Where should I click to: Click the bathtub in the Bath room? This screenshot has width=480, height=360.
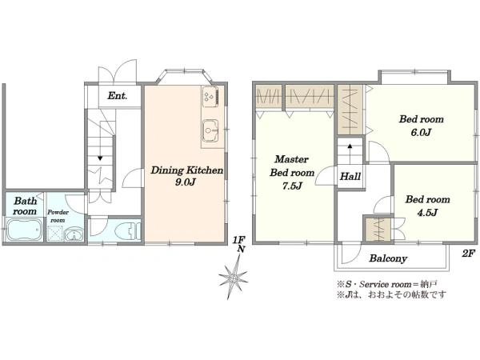coord(24,230)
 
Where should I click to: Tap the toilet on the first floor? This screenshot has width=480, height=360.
coord(129,231)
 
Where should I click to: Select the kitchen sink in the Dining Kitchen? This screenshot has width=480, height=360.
coord(210,130)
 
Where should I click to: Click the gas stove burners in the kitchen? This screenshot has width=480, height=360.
coord(210,96)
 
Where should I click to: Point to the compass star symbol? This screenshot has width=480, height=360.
coord(234,278)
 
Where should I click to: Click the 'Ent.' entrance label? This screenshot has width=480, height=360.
coord(118,96)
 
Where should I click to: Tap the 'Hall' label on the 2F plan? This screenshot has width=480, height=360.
coord(350,176)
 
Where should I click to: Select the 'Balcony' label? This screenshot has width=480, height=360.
coord(388,258)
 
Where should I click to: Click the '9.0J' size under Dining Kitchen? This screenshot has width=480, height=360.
coord(186,182)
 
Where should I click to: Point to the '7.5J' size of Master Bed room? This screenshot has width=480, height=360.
coord(292,186)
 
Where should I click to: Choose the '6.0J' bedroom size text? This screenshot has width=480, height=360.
coord(422,133)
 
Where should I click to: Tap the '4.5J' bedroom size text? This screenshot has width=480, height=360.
coord(427,213)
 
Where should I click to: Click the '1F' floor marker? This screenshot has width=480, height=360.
coord(238,240)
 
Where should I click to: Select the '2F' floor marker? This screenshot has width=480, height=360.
coord(468,253)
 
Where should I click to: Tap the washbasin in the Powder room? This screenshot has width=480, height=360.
coord(74,234)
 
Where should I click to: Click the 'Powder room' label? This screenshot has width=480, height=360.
coord(58,216)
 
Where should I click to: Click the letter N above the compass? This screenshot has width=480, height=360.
coord(242,250)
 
